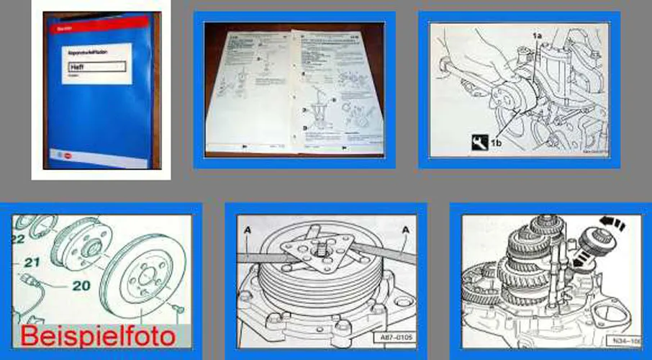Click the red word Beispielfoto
(96, 336)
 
